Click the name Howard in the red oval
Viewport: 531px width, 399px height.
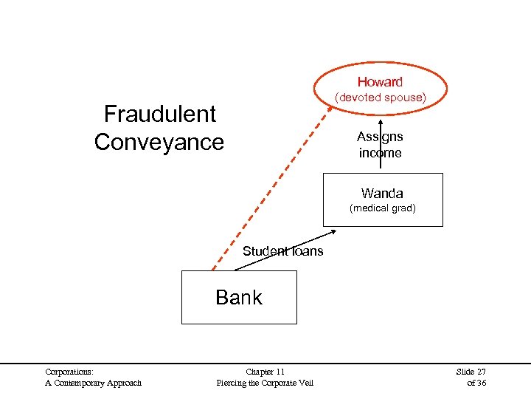pos(380,82)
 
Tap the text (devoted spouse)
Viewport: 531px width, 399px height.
pos(381,98)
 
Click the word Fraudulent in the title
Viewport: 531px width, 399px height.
pos(160,114)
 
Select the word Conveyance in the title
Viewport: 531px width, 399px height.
pos(159,141)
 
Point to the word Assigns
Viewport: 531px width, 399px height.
pos(380,137)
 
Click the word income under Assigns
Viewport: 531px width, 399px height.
pos(380,153)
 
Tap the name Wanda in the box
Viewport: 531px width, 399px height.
pos(382,194)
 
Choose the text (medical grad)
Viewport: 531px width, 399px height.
pos(382,208)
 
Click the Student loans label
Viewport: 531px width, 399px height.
pos(282,251)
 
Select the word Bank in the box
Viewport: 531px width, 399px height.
pos(239,297)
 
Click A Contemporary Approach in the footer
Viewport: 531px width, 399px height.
pos(93,383)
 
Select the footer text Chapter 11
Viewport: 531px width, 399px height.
pos(265,372)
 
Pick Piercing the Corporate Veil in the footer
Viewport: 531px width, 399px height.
pos(265,383)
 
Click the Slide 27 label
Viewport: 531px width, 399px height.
pos(471,372)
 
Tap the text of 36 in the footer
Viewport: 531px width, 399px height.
pos(476,383)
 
